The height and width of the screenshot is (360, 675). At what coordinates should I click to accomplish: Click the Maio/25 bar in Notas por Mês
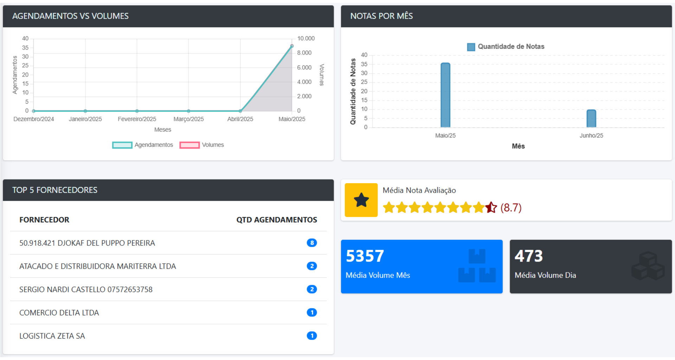pos(445,95)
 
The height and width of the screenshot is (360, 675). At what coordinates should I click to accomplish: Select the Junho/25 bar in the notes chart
pos(591,118)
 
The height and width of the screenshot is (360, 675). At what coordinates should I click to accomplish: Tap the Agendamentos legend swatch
pos(122,145)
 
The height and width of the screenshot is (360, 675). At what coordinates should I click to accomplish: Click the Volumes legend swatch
pos(189,145)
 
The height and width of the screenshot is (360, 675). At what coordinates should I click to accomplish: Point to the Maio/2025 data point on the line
pos(292,46)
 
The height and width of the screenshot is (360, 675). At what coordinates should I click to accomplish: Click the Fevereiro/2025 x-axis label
pos(137,119)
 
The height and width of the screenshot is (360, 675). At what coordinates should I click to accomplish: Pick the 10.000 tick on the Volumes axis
pos(306,38)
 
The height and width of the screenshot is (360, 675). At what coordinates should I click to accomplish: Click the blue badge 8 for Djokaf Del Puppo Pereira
pos(311,243)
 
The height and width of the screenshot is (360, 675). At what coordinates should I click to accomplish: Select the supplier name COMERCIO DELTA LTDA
pos(59,313)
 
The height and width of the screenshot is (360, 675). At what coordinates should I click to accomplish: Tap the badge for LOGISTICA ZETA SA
pos(311,336)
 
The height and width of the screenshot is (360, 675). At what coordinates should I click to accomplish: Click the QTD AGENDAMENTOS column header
pos(276,220)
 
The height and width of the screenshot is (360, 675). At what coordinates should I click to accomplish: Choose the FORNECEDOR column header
pos(44,220)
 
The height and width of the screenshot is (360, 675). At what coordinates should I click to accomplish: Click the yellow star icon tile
pos(361,200)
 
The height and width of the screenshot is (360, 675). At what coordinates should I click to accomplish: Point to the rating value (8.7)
pos(511,208)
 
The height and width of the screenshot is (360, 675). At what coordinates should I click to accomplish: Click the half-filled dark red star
pos(491,207)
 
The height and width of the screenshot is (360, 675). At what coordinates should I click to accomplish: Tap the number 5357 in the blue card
pos(365,256)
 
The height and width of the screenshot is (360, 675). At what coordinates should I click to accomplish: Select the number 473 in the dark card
pos(528,256)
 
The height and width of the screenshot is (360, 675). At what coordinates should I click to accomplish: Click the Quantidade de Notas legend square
pos(471,47)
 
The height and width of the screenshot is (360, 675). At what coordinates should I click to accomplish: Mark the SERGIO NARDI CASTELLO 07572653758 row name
pos(86,289)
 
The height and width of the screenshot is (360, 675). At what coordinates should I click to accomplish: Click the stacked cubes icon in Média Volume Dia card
pos(648,266)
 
